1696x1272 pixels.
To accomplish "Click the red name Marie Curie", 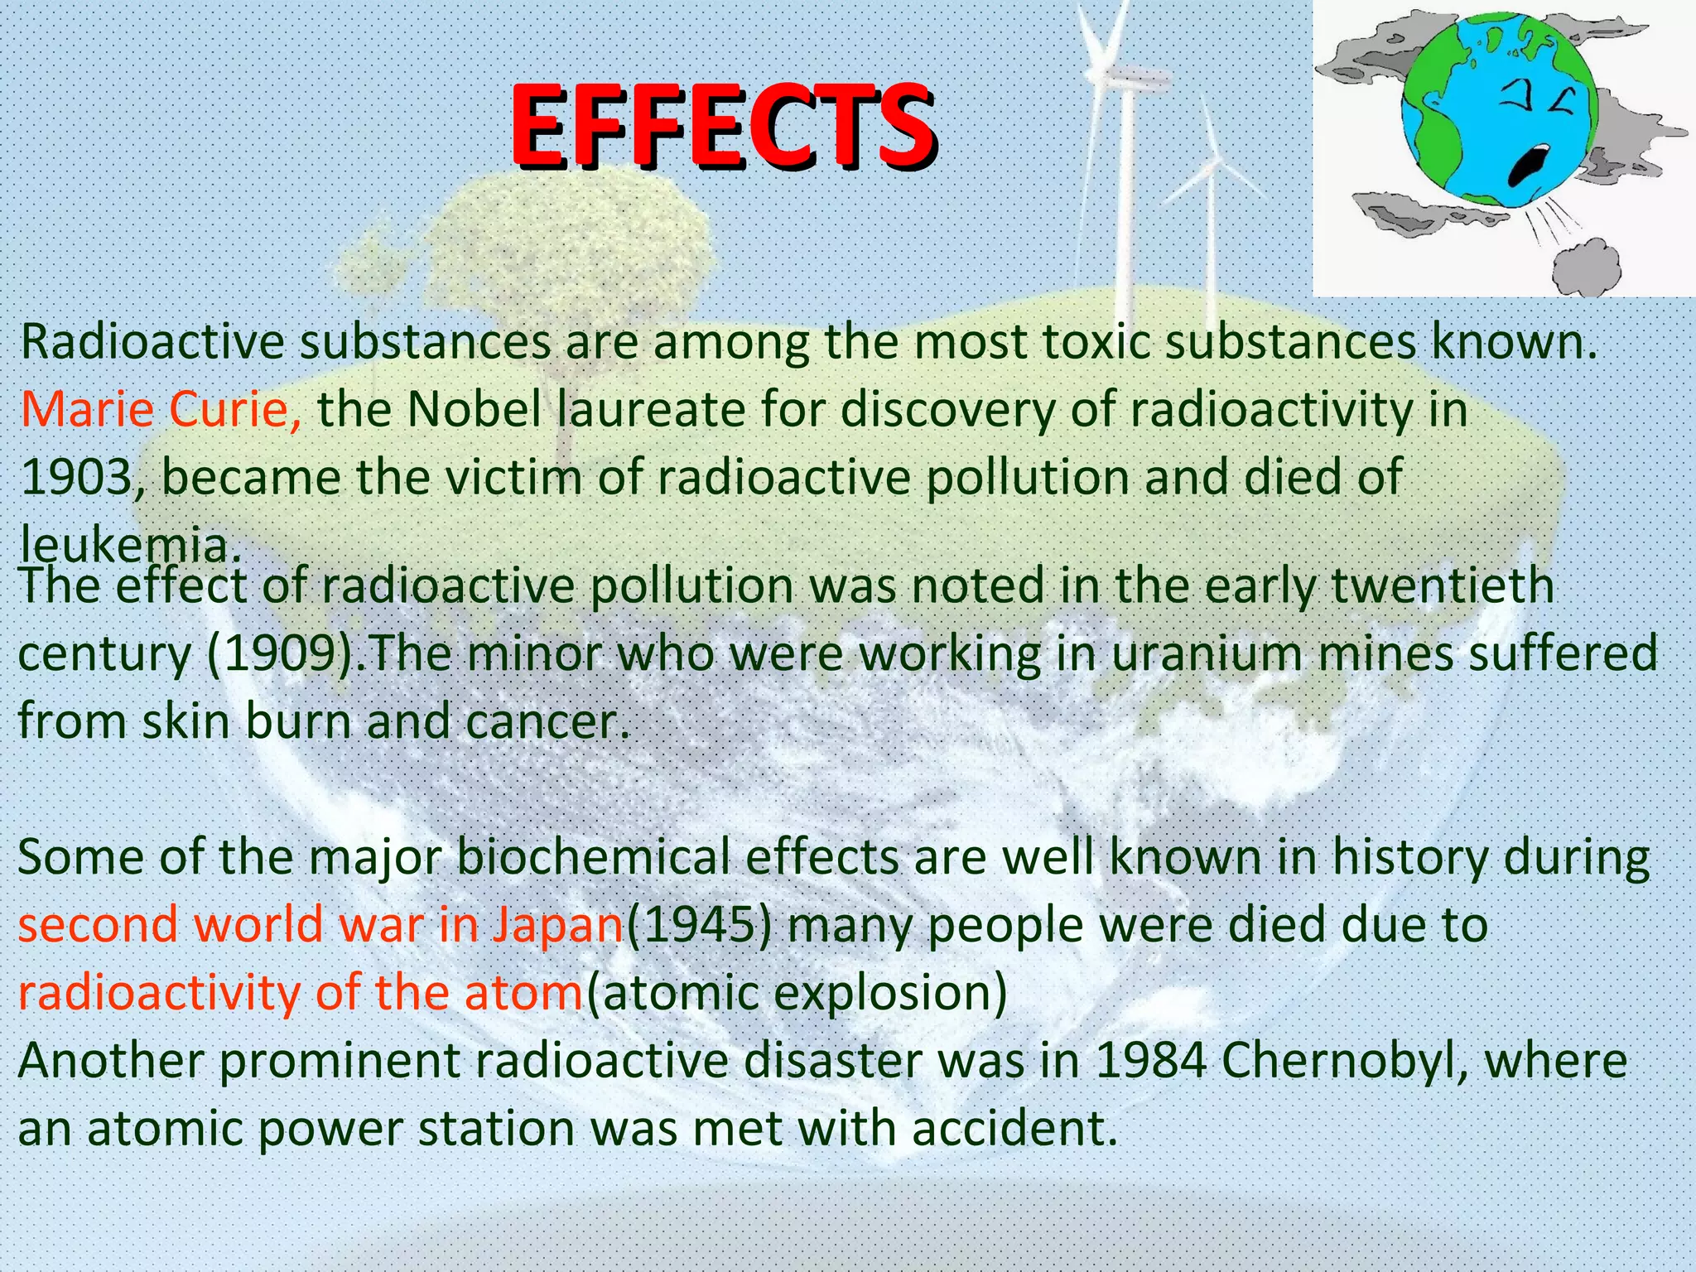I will pyautogui.click(x=161, y=409).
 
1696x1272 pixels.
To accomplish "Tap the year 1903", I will pyautogui.click(x=77, y=477).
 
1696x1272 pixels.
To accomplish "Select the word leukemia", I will pyautogui.click(x=124, y=545).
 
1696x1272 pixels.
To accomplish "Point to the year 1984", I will pyautogui.click(x=1151, y=1061).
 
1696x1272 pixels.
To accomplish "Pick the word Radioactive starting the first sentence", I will pyautogui.click(x=152, y=341).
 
